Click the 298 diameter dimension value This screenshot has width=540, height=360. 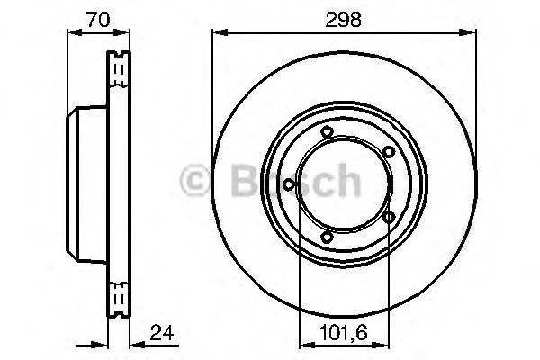click(x=344, y=20)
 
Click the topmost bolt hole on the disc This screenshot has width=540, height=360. click(x=328, y=134)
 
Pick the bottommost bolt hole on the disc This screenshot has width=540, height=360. click(x=328, y=238)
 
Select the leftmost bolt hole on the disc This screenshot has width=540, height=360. click(x=288, y=185)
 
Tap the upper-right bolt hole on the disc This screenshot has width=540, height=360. click(x=388, y=152)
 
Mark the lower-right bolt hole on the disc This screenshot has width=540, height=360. click(x=389, y=217)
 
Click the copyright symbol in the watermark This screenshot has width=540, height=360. click(x=197, y=184)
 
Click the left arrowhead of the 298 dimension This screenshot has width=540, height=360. click(x=217, y=33)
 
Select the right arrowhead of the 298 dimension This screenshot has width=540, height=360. click(x=471, y=33)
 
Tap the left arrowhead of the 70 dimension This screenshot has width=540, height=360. click(x=73, y=33)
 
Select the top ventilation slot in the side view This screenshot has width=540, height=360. click(x=118, y=67)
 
